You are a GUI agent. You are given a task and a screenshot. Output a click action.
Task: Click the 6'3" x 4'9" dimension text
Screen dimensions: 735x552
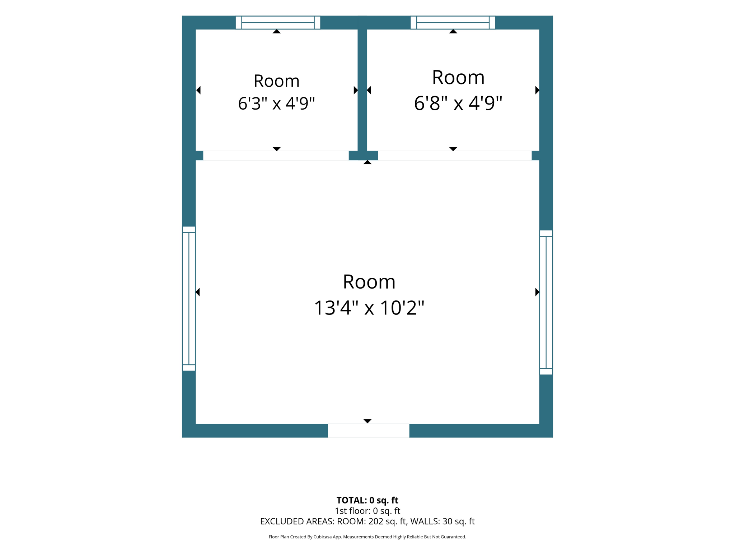(x=276, y=103)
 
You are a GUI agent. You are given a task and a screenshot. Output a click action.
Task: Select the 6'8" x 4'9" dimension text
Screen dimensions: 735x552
(x=458, y=103)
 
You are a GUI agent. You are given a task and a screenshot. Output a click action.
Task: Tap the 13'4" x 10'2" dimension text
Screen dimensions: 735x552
(x=369, y=308)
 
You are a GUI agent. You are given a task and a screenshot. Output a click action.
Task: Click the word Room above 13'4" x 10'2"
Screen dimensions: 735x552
(x=369, y=281)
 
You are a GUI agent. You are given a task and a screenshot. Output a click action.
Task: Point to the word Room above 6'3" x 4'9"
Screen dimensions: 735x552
(x=276, y=81)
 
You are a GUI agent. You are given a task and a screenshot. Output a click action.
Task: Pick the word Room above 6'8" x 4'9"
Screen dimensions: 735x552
(x=458, y=77)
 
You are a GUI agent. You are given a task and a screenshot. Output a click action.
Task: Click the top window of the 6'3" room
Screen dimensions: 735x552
(x=278, y=23)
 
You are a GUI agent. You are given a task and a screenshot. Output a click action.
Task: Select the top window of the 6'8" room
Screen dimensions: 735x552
(x=453, y=23)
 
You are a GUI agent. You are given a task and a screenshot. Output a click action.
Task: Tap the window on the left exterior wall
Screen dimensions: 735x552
(x=189, y=299)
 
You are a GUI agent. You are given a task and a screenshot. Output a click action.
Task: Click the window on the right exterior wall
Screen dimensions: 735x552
(x=546, y=302)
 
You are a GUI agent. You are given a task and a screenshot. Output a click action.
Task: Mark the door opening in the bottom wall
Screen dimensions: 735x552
(x=369, y=431)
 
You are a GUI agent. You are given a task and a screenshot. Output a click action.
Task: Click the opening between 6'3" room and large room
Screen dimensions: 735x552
(x=276, y=156)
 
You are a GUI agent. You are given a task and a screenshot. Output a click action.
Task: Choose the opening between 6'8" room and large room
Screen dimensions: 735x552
(x=455, y=156)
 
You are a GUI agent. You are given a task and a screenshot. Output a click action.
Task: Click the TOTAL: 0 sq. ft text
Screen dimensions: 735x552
(x=367, y=500)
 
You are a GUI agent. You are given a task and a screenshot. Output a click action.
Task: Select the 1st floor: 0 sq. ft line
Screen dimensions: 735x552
(x=367, y=511)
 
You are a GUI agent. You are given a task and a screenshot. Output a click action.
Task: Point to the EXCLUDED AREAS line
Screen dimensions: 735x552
(x=367, y=521)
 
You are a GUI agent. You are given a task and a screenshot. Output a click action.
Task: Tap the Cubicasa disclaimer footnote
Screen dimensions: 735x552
(x=367, y=537)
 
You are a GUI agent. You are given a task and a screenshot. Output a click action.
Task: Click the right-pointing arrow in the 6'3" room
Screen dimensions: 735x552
(x=356, y=90)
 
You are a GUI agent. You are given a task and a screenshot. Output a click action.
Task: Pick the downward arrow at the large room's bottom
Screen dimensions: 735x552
(x=367, y=421)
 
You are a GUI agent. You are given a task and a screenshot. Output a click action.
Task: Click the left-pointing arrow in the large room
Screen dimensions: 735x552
(x=198, y=292)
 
